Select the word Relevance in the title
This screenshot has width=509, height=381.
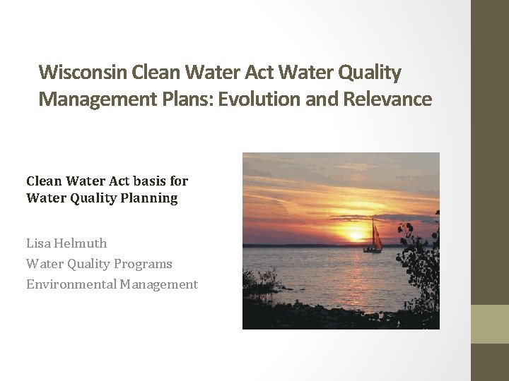click(x=387, y=99)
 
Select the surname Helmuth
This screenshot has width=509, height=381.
click(x=81, y=243)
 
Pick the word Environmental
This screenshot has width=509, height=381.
click(x=71, y=284)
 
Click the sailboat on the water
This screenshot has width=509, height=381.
click(x=373, y=238)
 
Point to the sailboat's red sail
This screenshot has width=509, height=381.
click(x=377, y=236)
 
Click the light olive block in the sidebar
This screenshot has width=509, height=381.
click(x=490, y=324)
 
